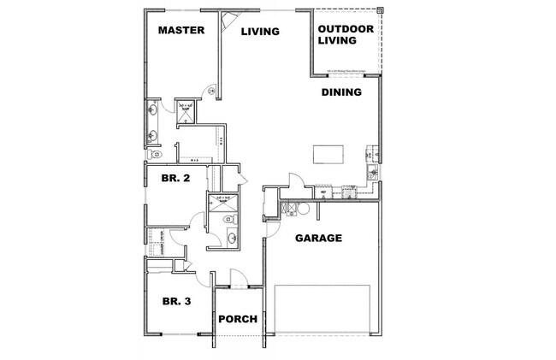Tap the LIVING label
[260, 32]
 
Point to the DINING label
[341, 92]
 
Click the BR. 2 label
[176, 180]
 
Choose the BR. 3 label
[176, 300]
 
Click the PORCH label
[239, 319]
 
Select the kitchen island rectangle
[330, 154]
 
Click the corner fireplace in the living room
[228, 21]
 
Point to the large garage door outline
[322, 308]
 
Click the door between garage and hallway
[271, 225]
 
